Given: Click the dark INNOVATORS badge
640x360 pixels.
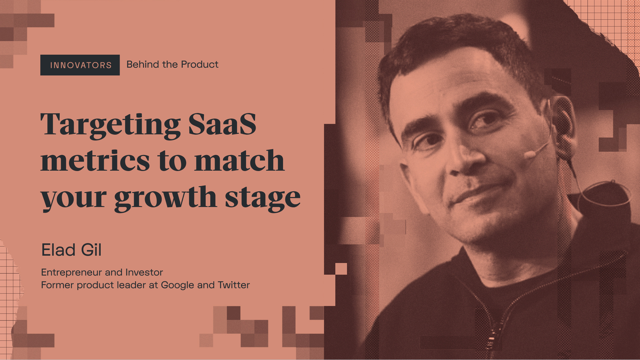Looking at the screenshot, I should point(80,65).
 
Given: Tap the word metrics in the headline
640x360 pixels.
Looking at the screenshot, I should point(95,161).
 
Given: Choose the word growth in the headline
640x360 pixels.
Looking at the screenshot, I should point(171,198).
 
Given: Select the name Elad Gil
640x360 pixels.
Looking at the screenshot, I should point(71,251).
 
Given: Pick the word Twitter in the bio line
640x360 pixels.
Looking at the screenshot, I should point(234,285).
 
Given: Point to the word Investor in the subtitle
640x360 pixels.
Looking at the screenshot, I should point(147,272).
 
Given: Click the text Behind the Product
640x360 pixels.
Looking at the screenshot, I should point(172,64).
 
